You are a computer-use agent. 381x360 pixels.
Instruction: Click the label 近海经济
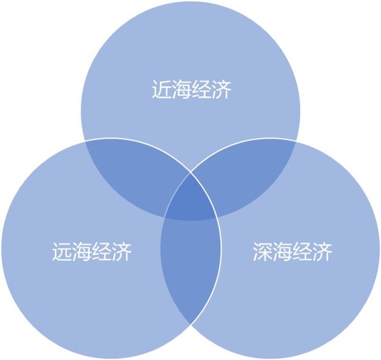coord(192,89)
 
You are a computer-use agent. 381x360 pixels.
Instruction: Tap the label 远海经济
coord(92,251)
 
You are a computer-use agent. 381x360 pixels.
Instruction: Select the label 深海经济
coord(292,251)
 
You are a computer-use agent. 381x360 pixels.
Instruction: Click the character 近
coord(161,89)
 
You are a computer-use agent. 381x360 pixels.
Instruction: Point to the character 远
coord(62,251)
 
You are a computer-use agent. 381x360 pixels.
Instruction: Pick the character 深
coord(262,251)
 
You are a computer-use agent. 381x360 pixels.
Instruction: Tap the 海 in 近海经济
coord(181,89)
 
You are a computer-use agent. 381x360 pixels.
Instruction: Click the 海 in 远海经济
coord(82,251)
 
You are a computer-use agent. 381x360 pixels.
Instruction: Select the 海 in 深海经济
coord(282,251)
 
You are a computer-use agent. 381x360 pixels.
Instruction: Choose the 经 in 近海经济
coord(201,89)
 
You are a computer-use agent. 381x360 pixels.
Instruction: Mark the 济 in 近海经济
coord(221,89)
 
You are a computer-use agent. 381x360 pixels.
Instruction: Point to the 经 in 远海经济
coord(102,251)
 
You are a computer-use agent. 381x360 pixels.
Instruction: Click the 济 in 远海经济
coord(122,251)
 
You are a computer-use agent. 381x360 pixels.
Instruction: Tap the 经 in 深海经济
coord(302,251)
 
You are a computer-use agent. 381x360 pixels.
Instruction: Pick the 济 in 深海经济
coord(322,251)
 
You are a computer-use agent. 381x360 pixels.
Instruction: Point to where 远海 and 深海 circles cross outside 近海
coord(191,324)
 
